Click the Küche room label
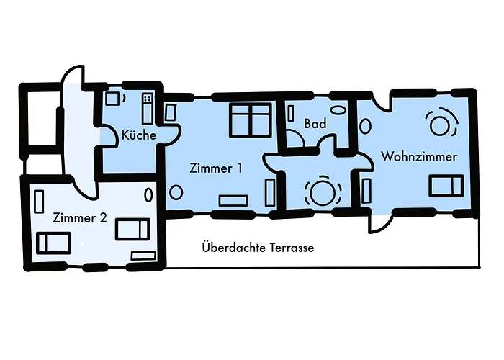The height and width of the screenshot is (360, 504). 139,134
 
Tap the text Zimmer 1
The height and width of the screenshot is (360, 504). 215,168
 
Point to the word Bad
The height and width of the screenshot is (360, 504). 315,124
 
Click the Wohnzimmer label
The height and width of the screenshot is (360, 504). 420,156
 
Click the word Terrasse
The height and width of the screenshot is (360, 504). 292,247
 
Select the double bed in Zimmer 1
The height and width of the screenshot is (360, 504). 250,118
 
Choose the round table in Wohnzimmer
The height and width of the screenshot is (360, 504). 440,123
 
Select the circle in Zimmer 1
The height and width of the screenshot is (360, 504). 176,192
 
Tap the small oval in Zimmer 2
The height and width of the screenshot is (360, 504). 149,194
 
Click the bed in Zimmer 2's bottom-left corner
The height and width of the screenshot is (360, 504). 53,243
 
